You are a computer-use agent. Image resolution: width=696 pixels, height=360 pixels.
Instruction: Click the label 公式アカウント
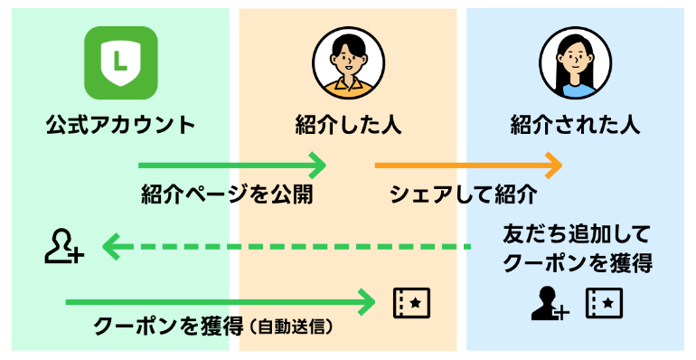tap(120, 125)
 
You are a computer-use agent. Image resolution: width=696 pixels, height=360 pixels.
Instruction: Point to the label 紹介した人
tap(348, 125)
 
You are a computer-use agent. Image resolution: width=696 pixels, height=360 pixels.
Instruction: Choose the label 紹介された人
tap(575, 125)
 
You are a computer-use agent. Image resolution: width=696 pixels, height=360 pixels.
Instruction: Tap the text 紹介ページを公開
tap(227, 194)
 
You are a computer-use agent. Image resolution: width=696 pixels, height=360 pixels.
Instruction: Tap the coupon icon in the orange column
tap(411, 303)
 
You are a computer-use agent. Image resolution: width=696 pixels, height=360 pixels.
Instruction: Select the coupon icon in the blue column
tap(604, 304)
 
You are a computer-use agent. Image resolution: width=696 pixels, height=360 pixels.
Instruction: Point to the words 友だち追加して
tap(576, 236)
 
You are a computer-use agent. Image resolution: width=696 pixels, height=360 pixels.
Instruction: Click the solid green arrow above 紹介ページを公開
tap(231, 166)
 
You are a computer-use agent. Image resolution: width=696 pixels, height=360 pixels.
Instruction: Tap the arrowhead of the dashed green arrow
tap(110, 246)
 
